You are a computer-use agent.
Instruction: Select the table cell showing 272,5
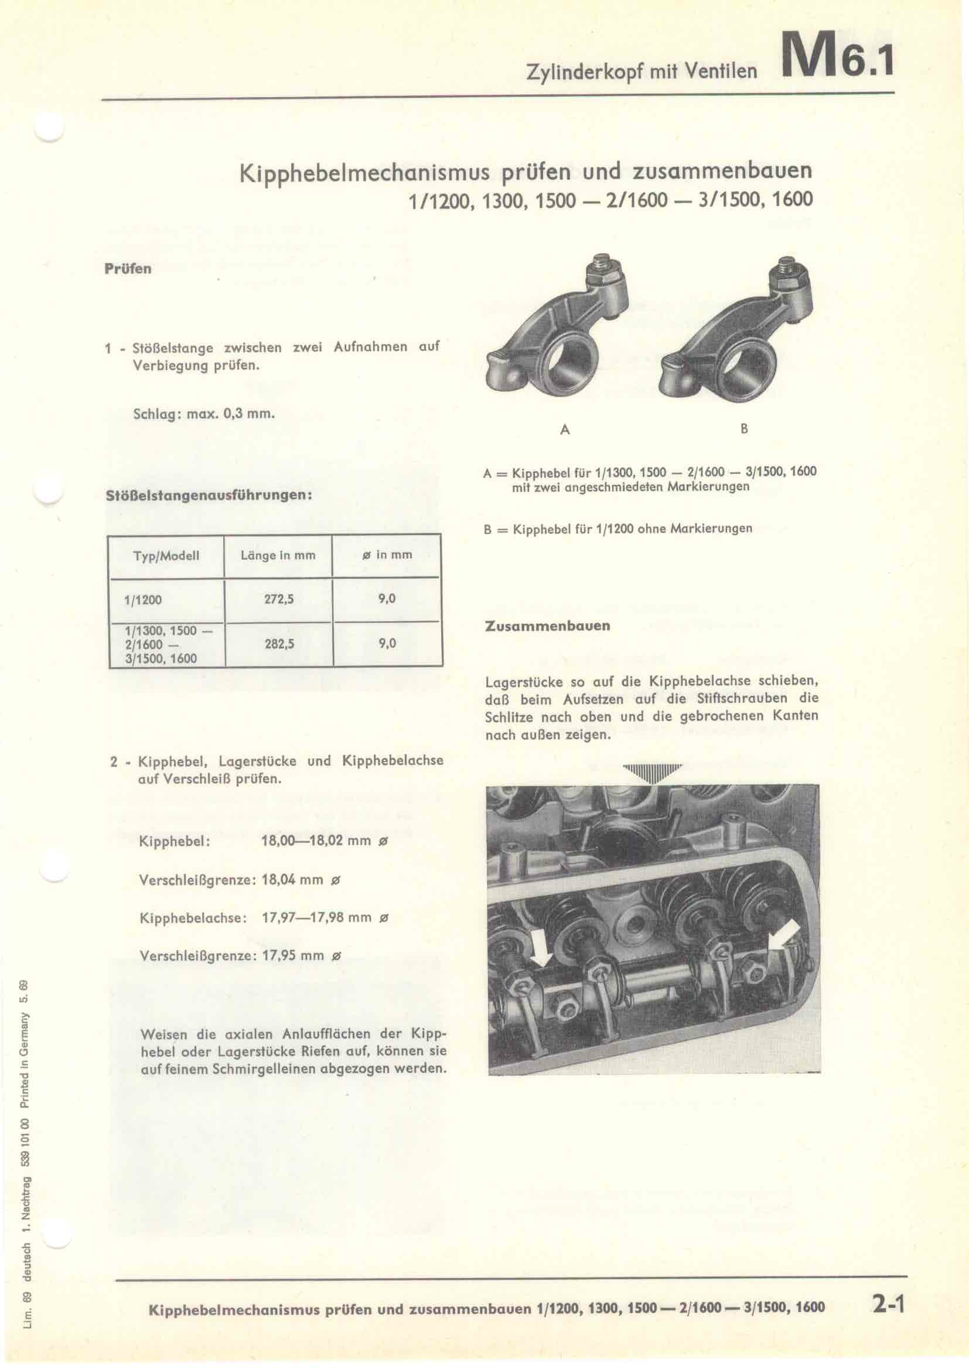279,599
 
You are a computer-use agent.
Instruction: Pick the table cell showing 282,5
279,644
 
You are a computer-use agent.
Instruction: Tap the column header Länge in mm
278,555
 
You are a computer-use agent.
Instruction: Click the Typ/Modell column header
166,556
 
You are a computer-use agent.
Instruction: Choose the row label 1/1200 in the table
143,600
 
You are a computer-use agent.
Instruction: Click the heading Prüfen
128,269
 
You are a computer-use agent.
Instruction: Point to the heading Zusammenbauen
548,627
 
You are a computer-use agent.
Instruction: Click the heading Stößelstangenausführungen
209,496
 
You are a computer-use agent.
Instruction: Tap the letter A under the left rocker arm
565,429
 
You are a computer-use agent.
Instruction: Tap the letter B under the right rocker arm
743,428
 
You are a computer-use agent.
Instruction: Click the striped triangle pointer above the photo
651,774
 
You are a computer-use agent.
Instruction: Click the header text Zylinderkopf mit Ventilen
642,71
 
